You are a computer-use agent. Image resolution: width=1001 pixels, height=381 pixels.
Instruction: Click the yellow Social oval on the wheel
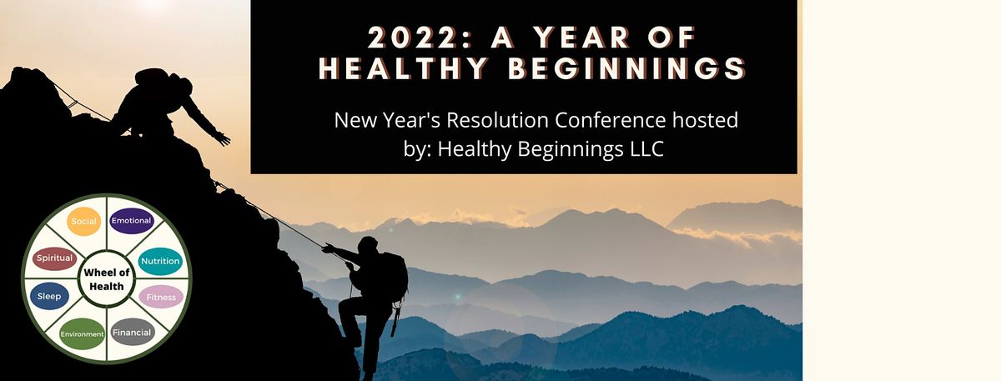[x=84, y=221]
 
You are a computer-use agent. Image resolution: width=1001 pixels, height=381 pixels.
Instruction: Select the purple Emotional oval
[x=132, y=221]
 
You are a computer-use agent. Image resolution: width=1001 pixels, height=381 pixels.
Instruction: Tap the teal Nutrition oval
[x=160, y=261]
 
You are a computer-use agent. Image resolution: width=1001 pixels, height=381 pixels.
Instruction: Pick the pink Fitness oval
[x=160, y=297]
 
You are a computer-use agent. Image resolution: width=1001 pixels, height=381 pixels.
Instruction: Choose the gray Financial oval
[x=133, y=332]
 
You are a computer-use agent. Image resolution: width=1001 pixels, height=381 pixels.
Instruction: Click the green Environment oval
[x=82, y=333]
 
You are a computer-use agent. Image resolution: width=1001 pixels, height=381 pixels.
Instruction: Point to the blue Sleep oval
[x=49, y=296]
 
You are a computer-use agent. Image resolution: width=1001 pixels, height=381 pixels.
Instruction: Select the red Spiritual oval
[x=55, y=258]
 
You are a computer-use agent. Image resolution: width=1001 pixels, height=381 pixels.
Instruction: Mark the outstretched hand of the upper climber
[x=223, y=138]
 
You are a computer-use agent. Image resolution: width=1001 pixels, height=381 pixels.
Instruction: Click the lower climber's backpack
[x=394, y=275]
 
